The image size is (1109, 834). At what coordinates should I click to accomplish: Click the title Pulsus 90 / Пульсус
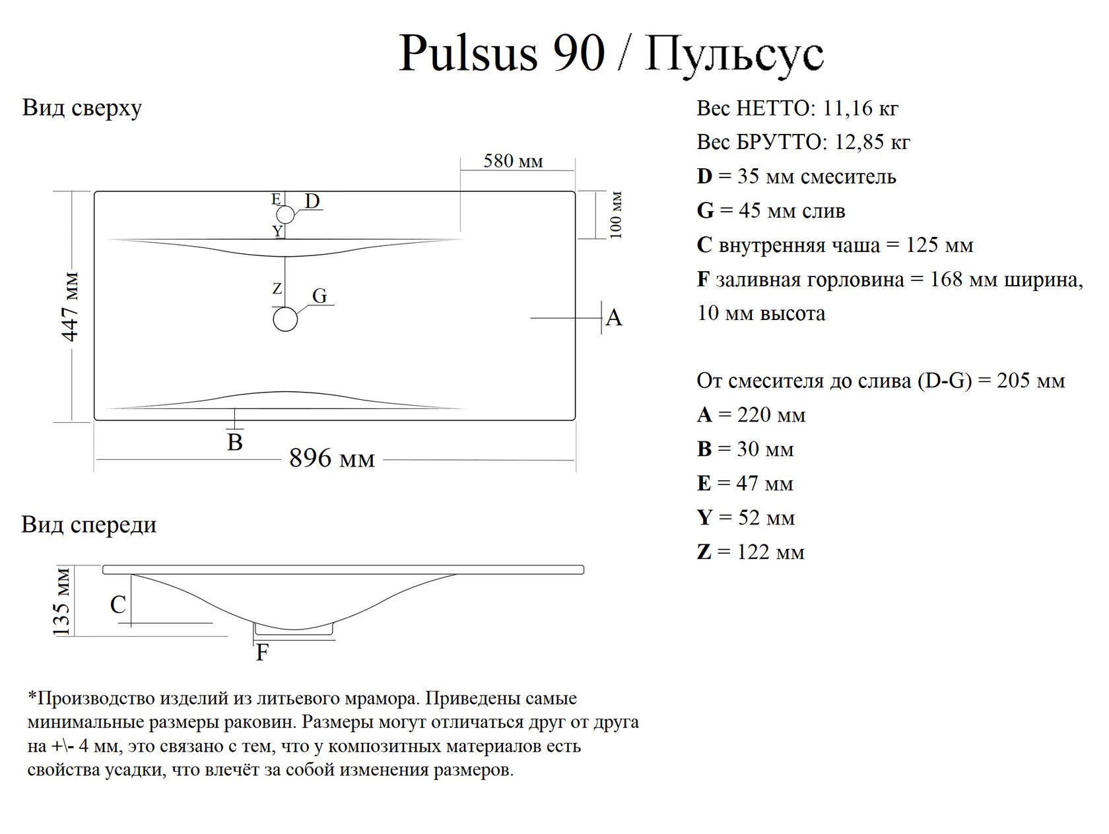point(611,53)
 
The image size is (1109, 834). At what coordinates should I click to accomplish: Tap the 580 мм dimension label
point(513,161)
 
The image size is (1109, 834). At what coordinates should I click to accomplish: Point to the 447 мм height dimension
point(70,305)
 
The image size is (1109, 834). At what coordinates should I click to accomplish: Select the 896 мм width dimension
point(332,458)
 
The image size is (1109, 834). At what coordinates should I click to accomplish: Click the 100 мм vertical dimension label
point(616,215)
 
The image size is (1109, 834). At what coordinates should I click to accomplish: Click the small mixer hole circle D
point(285,214)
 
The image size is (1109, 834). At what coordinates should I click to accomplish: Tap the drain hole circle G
point(285,319)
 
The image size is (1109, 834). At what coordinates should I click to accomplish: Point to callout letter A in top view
point(614,318)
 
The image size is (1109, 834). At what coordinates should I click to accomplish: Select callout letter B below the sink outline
point(235,442)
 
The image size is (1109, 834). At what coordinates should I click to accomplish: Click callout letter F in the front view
point(262,653)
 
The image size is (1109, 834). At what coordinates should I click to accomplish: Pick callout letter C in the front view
point(118,605)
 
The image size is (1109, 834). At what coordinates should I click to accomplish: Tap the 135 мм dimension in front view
point(61,601)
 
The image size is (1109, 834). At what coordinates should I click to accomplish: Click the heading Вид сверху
point(82,108)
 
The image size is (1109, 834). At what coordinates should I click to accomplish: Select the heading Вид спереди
point(89,525)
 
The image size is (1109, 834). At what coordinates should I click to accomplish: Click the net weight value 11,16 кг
point(861,108)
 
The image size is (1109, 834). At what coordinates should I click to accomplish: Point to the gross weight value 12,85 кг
point(873,143)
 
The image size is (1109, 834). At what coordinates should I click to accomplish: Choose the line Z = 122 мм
point(751,552)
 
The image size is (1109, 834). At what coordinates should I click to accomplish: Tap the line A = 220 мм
point(751,415)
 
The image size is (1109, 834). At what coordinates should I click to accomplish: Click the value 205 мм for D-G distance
point(1031,381)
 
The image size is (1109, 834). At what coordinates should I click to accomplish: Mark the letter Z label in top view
point(277,288)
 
